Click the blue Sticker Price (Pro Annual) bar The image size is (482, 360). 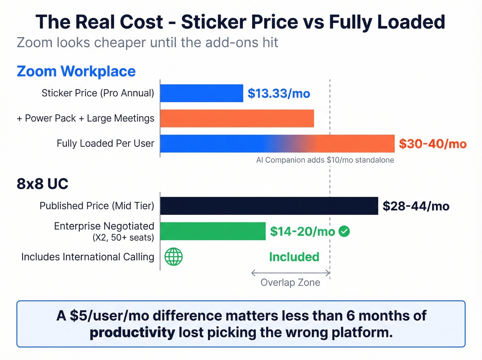tap(201, 93)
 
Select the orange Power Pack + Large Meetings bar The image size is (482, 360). tap(237, 118)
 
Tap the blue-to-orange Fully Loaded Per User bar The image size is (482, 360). tap(277, 143)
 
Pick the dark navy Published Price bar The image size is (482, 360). tap(269, 206)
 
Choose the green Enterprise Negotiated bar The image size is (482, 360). tap(213, 231)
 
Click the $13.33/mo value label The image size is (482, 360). tap(279, 93)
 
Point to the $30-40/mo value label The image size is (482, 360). tap(432, 144)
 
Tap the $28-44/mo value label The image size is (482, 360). tap(416, 206)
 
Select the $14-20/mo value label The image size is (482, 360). tap(302, 232)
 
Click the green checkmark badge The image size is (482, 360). tap(344, 231)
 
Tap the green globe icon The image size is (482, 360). tap(174, 257)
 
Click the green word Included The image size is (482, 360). tap(294, 257)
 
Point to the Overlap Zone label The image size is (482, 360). tap(290, 282)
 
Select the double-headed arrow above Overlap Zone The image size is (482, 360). tap(291, 273)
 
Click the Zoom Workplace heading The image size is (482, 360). tap(76, 71)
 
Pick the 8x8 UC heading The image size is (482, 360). tap(42, 184)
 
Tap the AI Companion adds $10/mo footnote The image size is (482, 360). tap(325, 160)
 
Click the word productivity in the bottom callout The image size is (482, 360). tap(132, 333)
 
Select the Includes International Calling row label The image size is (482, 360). tap(87, 257)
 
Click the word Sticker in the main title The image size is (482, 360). tap(213, 22)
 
